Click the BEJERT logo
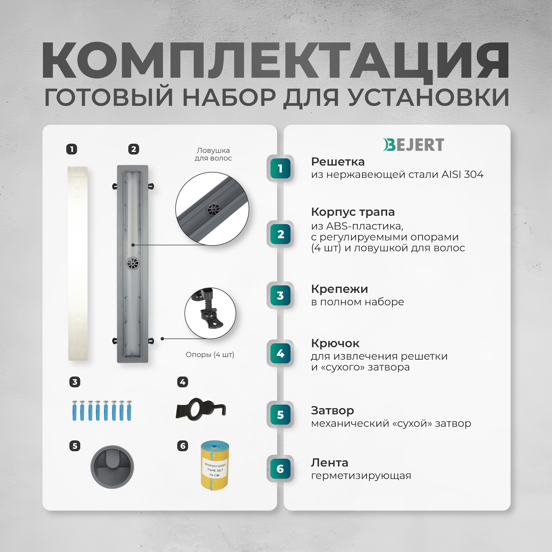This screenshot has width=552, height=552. (413, 145)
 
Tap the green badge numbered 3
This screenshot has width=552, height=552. (280, 295)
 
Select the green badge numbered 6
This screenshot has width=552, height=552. (280, 469)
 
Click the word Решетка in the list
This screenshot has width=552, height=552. (338, 162)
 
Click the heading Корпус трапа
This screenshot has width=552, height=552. (352, 212)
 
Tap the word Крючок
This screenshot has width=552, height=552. (335, 343)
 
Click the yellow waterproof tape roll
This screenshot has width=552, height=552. (214, 466)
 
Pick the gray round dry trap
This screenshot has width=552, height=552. (112, 467)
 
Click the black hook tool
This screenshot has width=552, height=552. (201, 410)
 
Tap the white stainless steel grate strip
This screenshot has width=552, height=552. (78, 263)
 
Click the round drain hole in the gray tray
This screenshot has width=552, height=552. (132, 263)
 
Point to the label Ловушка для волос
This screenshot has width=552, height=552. (213, 154)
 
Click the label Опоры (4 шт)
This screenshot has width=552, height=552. (210, 355)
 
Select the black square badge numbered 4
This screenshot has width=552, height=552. (182, 382)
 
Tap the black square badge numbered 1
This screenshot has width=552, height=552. (72, 149)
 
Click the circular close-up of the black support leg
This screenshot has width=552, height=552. (210, 313)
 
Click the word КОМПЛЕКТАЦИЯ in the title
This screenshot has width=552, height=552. (275, 60)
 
